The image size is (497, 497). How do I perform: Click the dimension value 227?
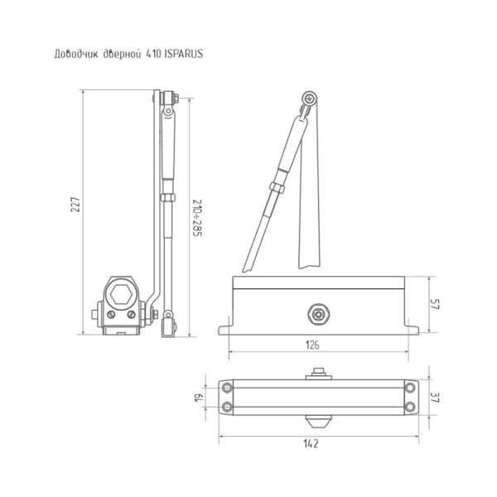point(75,205)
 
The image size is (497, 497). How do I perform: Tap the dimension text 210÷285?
point(197,218)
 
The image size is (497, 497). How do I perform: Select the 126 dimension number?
point(312,345)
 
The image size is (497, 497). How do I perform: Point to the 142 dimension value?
point(311,443)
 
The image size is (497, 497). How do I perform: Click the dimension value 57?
point(435,304)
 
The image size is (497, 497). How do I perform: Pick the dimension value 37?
point(435,397)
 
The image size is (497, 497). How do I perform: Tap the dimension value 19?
point(199,398)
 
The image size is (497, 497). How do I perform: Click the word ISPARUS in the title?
point(184,54)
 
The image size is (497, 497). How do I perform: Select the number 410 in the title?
point(153,54)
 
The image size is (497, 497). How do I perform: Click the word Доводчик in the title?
point(76,54)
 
